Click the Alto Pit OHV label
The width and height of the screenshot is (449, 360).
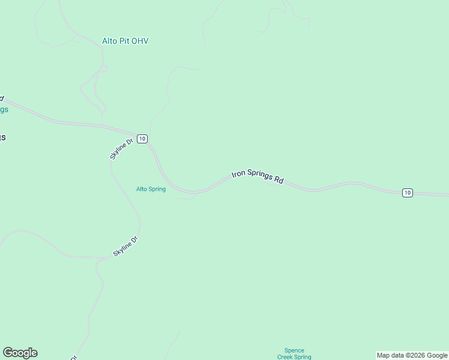[x=125, y=41]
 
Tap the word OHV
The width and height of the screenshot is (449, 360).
[x=140, y=41]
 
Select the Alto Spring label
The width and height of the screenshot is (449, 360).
[x=151, y=189]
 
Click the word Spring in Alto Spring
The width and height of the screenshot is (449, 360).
[x=157, y=189]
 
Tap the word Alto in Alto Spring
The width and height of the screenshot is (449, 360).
[x=142, y=189]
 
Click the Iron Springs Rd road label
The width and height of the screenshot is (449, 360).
[x=258, y=176]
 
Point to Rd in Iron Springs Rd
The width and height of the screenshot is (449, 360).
[x=279, y=179]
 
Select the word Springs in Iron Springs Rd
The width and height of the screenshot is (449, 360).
[x=259, y=176]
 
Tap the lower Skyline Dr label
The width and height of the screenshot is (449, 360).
[x=126, y=247]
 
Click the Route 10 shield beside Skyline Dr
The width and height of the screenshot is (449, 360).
[x=141, y=139]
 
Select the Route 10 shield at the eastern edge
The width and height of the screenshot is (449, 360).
[x=408, y=193]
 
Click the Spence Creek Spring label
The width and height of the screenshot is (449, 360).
[x=294, y=354]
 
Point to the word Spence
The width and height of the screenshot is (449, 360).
[x=294, y=350]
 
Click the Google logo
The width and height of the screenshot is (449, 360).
[x=20, y=353]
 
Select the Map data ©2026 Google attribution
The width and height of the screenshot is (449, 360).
[x=412, y=355]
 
